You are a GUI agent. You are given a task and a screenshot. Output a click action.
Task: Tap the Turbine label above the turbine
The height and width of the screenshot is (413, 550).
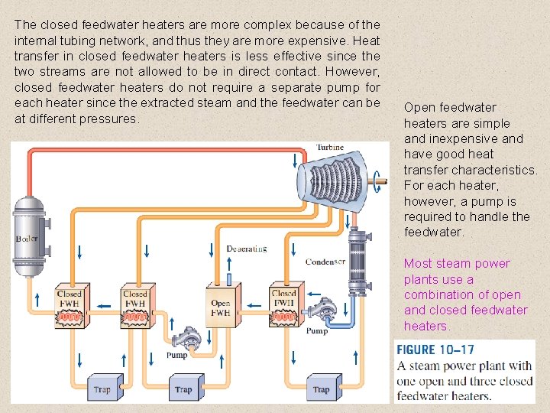[x=330, y=148]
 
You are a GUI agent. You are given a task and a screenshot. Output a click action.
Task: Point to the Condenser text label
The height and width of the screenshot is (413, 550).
[x=325, y=262]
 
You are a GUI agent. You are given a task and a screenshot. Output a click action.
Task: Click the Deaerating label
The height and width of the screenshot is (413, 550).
[x=247, y=249]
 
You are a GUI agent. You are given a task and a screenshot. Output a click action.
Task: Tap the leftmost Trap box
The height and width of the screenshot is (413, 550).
[x=102, y=388]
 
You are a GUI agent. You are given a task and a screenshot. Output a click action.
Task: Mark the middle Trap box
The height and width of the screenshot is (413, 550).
[x=183, y=388]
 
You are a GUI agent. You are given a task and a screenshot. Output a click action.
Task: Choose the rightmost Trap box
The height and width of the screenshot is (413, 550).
[x=321, y=388]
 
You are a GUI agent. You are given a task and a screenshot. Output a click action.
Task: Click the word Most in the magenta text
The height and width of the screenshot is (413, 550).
[x=417, y=264]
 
